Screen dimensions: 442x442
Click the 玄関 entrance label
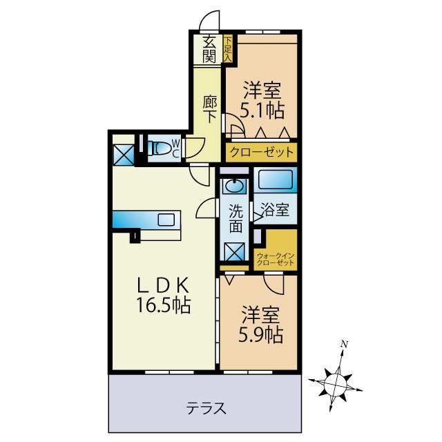pyautogui.click(x=209, y=50)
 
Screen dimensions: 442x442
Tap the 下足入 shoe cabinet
pyautogui.click(x=228, y=49)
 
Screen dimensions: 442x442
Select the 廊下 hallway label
pyautogui.click(x=209, y=109)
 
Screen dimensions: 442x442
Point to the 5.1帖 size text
pyautogui.click(x=262, y=110)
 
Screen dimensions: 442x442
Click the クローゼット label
pyautogui.click(x=262, y=153)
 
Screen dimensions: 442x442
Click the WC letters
pyautogui.click(x=175, y=149)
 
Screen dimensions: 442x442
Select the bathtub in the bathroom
pyautogui.click(x=275, y=180)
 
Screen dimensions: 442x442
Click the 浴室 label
pyautogui.click(x=275, y=209)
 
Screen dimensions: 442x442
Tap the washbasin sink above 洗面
pyautogui.click(x=235, y=186)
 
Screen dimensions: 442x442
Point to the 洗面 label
pyautogui.click(x=236, y=218)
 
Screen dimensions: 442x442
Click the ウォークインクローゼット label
pyautogui.click(x=276, y=259)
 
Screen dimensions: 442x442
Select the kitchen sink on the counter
pyautogui.click(x=166, y=220)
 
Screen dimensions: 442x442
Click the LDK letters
pyautogui.click(x=163, y=286)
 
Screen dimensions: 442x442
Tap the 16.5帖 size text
pyautogui.click(x=164, y=305)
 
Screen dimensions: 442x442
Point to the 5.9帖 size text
pyautogui.click(x=260, y=335)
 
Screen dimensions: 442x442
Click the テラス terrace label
pyautogui.click(x=206, y=408)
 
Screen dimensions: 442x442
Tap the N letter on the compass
pyautogui.click(x=344, y=344)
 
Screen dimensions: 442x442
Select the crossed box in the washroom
pyautogui.click(x=234, y=251)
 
